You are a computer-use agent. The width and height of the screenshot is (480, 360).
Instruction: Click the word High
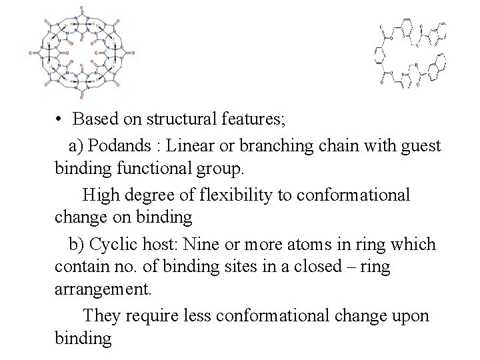[100, 195]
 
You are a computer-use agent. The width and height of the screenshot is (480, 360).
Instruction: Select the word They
[100, 315]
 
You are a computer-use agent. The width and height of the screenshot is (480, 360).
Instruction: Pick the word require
[151, 315]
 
